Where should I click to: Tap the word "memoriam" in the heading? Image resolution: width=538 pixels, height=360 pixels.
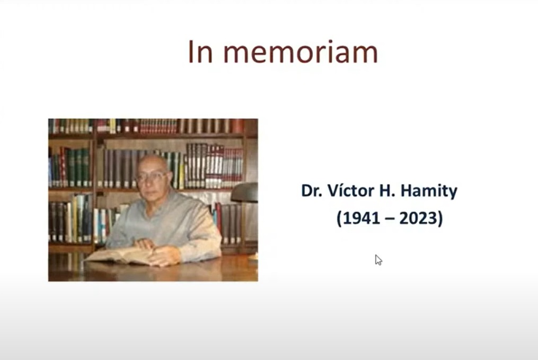coord(301,52)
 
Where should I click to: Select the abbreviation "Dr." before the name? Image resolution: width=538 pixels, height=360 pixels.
coord(312,191)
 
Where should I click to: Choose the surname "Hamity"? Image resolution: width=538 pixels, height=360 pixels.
coord(429,191)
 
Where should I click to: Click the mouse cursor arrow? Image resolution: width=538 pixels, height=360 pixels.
coord(378,260)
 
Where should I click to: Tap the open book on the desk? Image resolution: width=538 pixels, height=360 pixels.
coord(122,256)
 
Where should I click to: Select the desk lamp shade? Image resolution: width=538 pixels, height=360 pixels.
coord(245,192)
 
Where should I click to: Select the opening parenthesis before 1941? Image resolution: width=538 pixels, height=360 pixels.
coord(339,218)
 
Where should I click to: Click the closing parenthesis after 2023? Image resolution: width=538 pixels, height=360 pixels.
coord(440,218)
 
